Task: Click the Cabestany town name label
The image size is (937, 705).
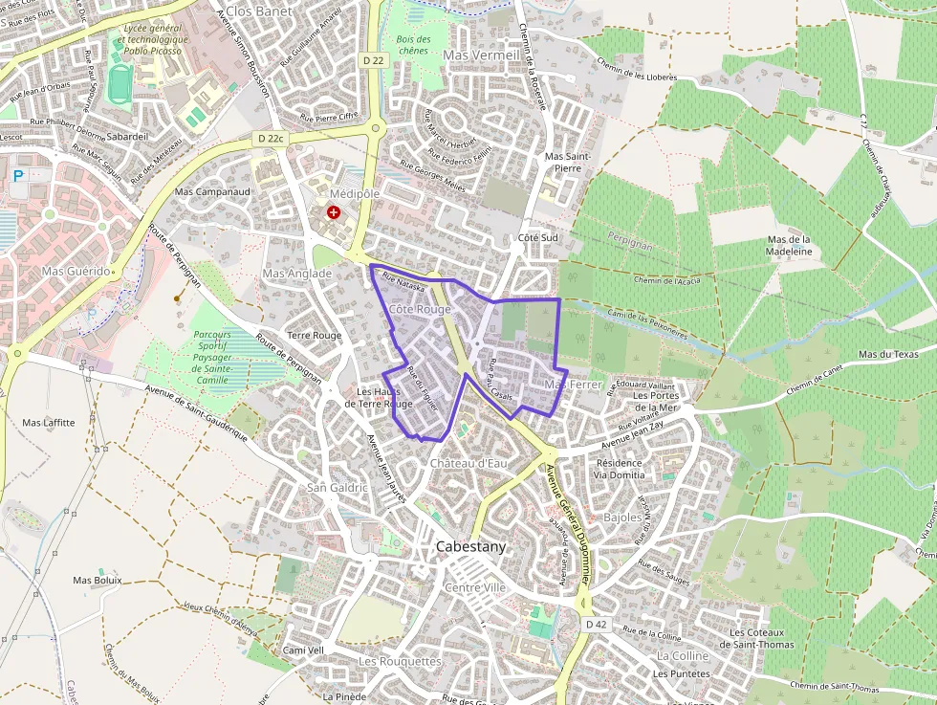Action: click(x=470, y=547)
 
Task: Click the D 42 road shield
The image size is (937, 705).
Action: click(x=595, y=624)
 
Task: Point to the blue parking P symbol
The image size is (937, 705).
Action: click(x=18, y=176)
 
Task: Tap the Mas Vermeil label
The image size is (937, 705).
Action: click(x=482, y=55)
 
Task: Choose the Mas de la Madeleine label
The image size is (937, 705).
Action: click(x=789, y=245)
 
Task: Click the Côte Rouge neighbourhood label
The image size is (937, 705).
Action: click(x=420, y=309)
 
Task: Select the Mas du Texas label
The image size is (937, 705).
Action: click(x=888, y=354)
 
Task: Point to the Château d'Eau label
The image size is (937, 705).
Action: click(x=468, y=463)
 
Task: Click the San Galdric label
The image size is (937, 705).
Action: click(x=337, y=487)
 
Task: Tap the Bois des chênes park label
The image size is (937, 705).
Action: click(x=413, y=45)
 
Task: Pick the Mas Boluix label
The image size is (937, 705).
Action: click(x=97, y=580)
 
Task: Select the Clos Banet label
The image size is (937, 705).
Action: click(x=258, y=11)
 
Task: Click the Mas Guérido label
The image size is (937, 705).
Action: click(x=76, y=272)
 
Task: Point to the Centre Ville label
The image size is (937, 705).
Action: click(x=475, y=587)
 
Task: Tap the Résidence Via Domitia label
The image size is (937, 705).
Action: click(x=618, y=468)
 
